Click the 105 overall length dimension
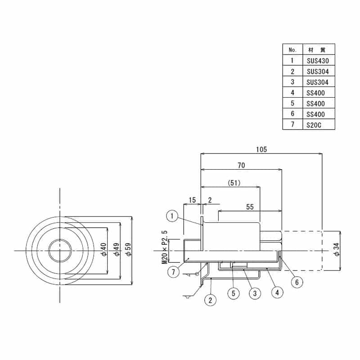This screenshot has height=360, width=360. pos(261,149)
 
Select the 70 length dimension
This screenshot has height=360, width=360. pos(241,166)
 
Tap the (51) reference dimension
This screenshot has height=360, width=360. pos(234,183)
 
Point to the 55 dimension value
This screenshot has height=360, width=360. pos(250,207)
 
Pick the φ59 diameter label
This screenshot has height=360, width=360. pos(128,250)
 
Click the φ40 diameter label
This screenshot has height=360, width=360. pos(103,250)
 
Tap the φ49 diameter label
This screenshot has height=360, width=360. pos(117,250)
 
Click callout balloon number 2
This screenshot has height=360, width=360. pos(210,299)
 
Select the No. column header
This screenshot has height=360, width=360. pos(292,49)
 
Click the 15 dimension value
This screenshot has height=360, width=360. pos(192,199)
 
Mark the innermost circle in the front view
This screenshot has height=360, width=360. pos(59,250)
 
